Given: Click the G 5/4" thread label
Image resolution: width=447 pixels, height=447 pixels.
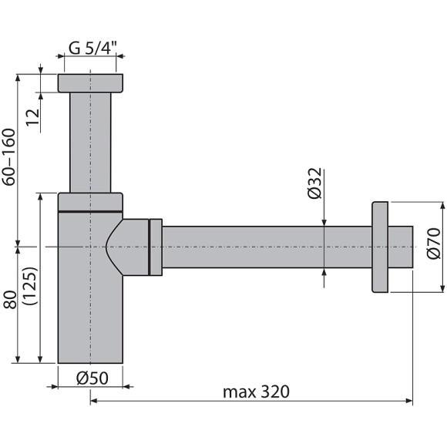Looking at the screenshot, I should [x=92, y=48].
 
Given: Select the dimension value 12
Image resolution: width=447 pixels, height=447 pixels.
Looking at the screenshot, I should [x=32, y=118].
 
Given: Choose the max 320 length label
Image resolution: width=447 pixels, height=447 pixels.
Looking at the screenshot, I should [x=256, y=392].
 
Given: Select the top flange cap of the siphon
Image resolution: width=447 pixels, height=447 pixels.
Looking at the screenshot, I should [x=90, y=83].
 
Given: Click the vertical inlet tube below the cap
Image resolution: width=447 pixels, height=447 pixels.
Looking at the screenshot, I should [x=90, y=143].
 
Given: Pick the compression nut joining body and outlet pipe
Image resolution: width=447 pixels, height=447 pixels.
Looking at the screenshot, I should [x=156, y=247].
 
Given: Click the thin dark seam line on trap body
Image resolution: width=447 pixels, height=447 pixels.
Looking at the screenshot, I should [x=90, y=210].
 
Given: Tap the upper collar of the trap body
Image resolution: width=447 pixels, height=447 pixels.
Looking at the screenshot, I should [x=90, y=200].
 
